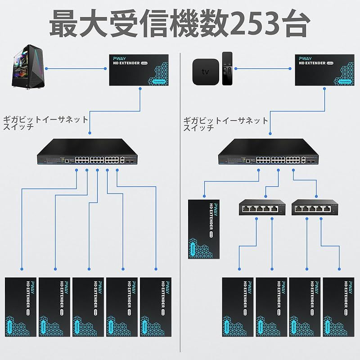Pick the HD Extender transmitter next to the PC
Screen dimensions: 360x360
[x=139, y=70]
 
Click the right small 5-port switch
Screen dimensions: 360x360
[x=315, y=207]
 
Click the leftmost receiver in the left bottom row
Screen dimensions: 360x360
[x=21, y=306]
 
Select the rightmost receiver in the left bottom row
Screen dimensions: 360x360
[x=156, y=306]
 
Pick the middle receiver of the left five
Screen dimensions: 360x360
[x=88, y=306]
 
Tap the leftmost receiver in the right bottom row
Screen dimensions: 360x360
[x=238, y=306]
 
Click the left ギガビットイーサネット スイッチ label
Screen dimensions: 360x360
[x=45, y=123]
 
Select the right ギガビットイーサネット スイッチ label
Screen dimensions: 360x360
[x=225, y=123]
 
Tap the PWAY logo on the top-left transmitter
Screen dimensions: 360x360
[x=120, y=58]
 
